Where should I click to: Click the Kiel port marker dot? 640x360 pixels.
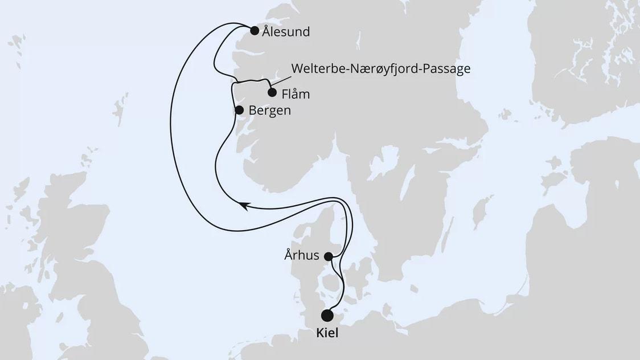click(x=327, y=316)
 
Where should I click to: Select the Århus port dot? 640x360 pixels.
click(x=329, y=256)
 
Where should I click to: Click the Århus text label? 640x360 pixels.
click(x=301, y=255)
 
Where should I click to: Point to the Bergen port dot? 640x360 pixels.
click(x=240, y=111)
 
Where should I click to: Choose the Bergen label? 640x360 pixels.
click(x=270, y=111)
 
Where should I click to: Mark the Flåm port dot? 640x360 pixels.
click(x=272, y=93)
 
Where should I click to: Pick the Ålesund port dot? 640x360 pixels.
click(x=255, y=31)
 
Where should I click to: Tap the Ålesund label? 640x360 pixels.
click(x=286, y=32)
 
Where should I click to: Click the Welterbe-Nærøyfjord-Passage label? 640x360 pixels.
click(x=381, y=69)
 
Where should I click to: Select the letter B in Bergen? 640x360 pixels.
click(x=253, y=111)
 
